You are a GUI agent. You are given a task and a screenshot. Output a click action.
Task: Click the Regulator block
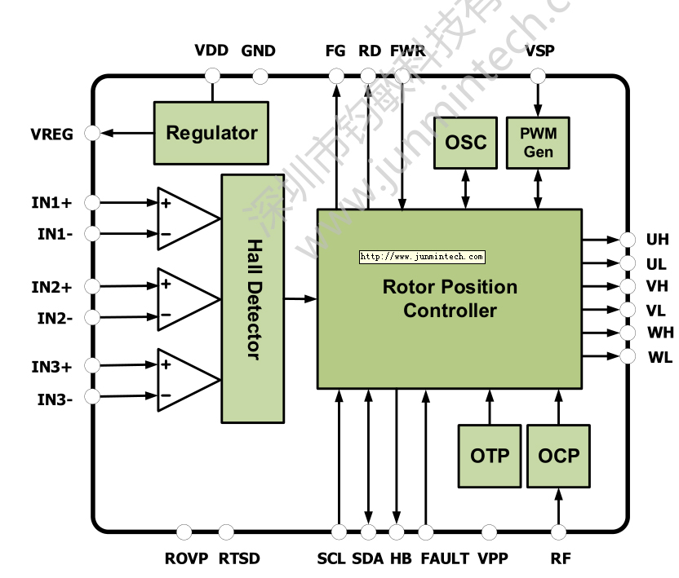point(211,133)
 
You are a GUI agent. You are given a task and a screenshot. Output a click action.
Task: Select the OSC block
point(465,143)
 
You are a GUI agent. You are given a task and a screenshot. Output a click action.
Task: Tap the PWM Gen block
point(538,143)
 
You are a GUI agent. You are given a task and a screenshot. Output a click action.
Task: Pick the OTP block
point(490,456)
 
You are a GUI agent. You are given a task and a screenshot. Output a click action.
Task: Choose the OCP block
point(559,456)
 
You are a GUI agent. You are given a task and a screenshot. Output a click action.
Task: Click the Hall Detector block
point(253,298)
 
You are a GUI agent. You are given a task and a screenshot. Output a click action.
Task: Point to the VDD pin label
point(211,51)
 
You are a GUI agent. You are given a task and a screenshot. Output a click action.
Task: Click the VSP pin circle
point(538,76)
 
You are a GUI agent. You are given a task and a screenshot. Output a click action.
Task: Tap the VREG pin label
point(52,134)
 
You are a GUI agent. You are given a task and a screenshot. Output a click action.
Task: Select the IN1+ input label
point(52,201)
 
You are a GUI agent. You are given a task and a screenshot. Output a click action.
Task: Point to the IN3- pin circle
point(92,397)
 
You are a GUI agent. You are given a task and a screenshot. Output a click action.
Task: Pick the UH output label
point(657,240)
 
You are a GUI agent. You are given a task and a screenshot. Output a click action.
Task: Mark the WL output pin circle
point(628,356)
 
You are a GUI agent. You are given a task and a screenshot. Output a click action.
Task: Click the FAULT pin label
point(445,558)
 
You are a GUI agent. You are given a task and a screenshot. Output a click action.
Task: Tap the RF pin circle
point(559,532)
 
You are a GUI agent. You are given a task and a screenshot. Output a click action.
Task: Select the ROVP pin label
point(186,558)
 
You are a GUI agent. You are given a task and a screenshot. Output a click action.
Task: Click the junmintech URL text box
point(422,257)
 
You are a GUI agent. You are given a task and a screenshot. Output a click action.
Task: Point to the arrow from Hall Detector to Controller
point(300,299)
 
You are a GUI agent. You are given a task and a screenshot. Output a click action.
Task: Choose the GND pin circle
point(260,77)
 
